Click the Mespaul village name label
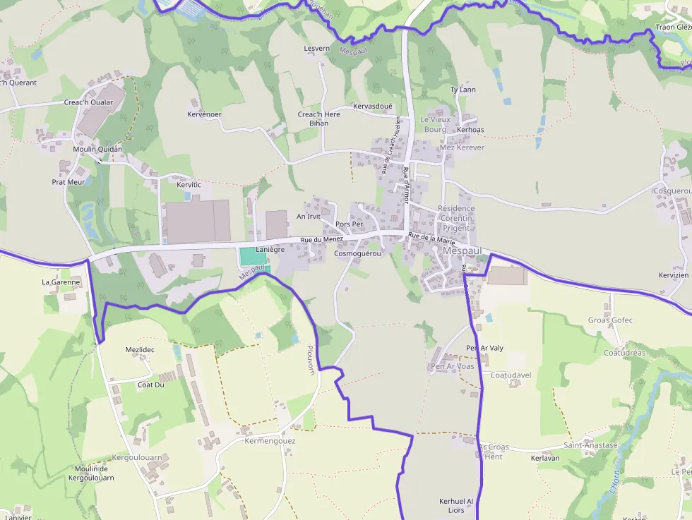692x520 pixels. coord(462,250)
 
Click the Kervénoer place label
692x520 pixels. coord(205,114)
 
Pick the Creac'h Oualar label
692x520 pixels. coord(88,102)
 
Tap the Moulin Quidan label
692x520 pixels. coord(97,149)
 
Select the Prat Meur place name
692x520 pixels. coord(68,182)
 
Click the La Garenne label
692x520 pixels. coord(61,282)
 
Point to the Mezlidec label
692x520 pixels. coord(140,350)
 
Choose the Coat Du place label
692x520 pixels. coord(150,385)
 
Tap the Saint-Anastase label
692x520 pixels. coord(590,445)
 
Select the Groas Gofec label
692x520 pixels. coord(610,320)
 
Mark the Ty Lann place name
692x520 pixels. coord(463,90)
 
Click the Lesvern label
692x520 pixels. coord(316,49)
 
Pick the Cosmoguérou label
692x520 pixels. coord(357,253)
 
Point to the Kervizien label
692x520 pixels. coord(673,275)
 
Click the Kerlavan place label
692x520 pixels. coord(544,458)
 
